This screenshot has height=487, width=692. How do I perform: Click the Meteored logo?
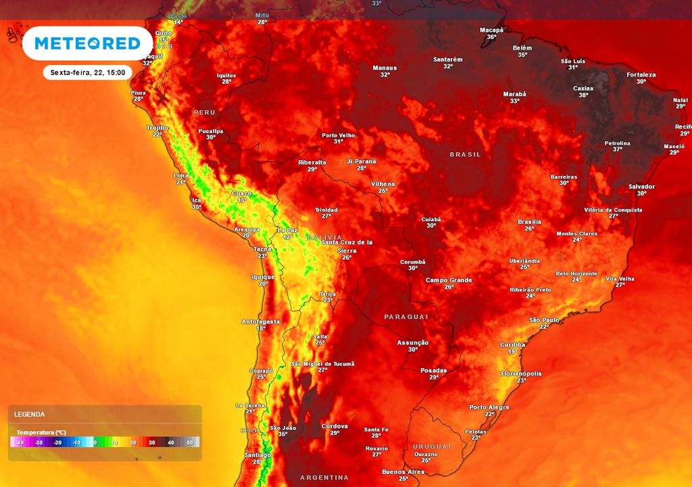(87, 44)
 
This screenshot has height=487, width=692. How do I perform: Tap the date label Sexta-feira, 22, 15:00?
(87, 72)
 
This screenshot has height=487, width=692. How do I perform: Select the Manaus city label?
(385, 68)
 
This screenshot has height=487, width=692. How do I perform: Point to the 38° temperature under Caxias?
(583, 95)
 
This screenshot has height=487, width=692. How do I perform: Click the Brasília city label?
(529, 221)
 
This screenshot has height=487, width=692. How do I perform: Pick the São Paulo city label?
(543, 319)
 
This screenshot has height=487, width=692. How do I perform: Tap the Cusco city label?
(242, 193)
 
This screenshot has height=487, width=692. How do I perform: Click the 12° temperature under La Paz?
(287, 237)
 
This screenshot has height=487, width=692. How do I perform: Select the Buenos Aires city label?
(403, 471)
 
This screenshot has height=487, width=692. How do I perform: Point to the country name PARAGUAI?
(407, 317)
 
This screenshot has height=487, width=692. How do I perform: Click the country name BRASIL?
(466, 154)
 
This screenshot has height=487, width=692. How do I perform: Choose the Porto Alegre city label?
(490, 407)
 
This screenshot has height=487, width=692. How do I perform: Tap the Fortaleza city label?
(641, 74)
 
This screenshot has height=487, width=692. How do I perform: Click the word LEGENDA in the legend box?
(30, 414)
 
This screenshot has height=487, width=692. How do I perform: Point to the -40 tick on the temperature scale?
(20, 442)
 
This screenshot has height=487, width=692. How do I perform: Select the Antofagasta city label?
(261, 321)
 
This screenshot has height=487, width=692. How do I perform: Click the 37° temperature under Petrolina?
(617, 149)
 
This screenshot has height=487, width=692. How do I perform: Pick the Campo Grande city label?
(449, 279)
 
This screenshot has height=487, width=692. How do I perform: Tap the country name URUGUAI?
(432, 446)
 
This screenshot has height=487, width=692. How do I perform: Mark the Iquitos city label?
(226, 75)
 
